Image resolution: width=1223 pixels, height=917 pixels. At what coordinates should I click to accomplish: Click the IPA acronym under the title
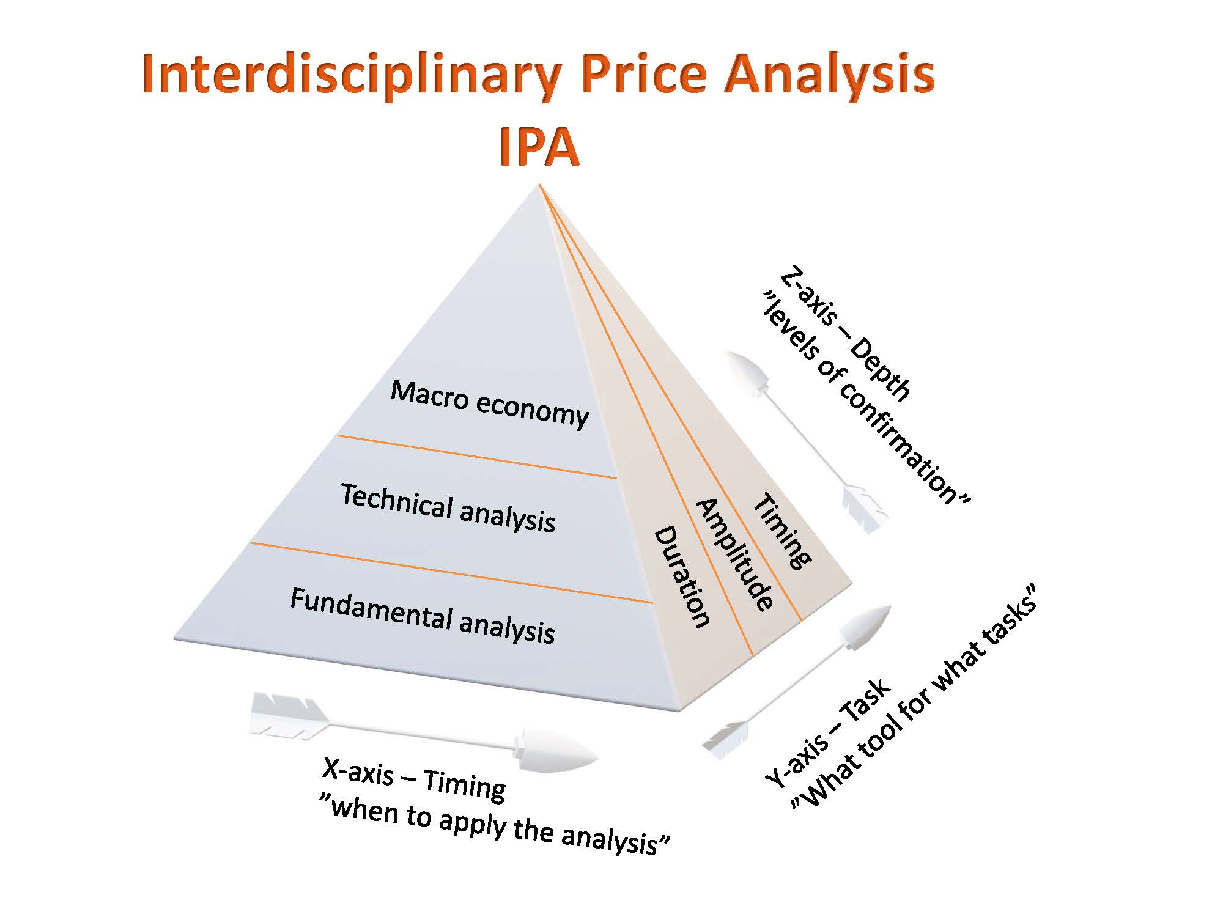point(539,148)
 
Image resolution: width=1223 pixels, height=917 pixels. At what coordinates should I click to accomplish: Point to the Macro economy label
point(490,403)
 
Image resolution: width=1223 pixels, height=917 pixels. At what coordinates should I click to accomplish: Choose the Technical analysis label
point(448,508)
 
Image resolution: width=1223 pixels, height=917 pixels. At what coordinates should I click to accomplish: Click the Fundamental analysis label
point(423,616)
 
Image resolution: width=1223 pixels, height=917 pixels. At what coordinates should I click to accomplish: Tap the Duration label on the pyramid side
point(682,577)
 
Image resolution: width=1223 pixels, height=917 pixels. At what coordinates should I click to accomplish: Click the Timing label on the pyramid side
point(781,531)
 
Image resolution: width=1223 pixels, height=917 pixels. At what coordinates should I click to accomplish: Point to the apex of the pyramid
point(539,184)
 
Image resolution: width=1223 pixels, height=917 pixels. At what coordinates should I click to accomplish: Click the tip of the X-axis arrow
point(598,760)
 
